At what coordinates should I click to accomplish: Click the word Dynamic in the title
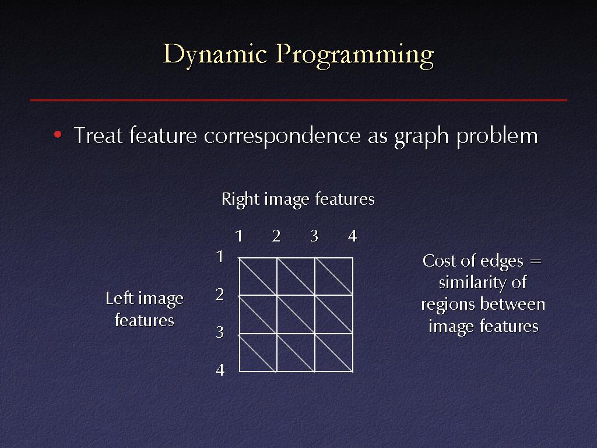pyautogui.click(x=215, y=55)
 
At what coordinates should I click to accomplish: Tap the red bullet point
pyautogui.click(x=58, y=134)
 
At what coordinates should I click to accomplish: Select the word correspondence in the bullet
pyautogui.click(x=282, y=136)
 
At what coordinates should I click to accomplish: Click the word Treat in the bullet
pyautogui.click(x=98, y=135)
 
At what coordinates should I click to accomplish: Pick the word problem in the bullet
pyautogui.click(x=497, y=136)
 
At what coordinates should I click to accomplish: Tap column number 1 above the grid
pyautogui.click(x=238, y=236)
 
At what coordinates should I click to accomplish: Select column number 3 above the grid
pyautogui.click(x=314, y=236)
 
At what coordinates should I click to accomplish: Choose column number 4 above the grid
pyautogui.click(x=353, y=236)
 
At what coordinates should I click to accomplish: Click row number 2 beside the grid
pyautogui.click(x=220, y=295)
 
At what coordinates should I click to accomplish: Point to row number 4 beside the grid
pyautogui.click(x=220, y=370)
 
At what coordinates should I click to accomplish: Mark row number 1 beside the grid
pyautogui.click(x=220, y=257)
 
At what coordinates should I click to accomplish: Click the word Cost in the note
pyautogui.click(x=438, y=261)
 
